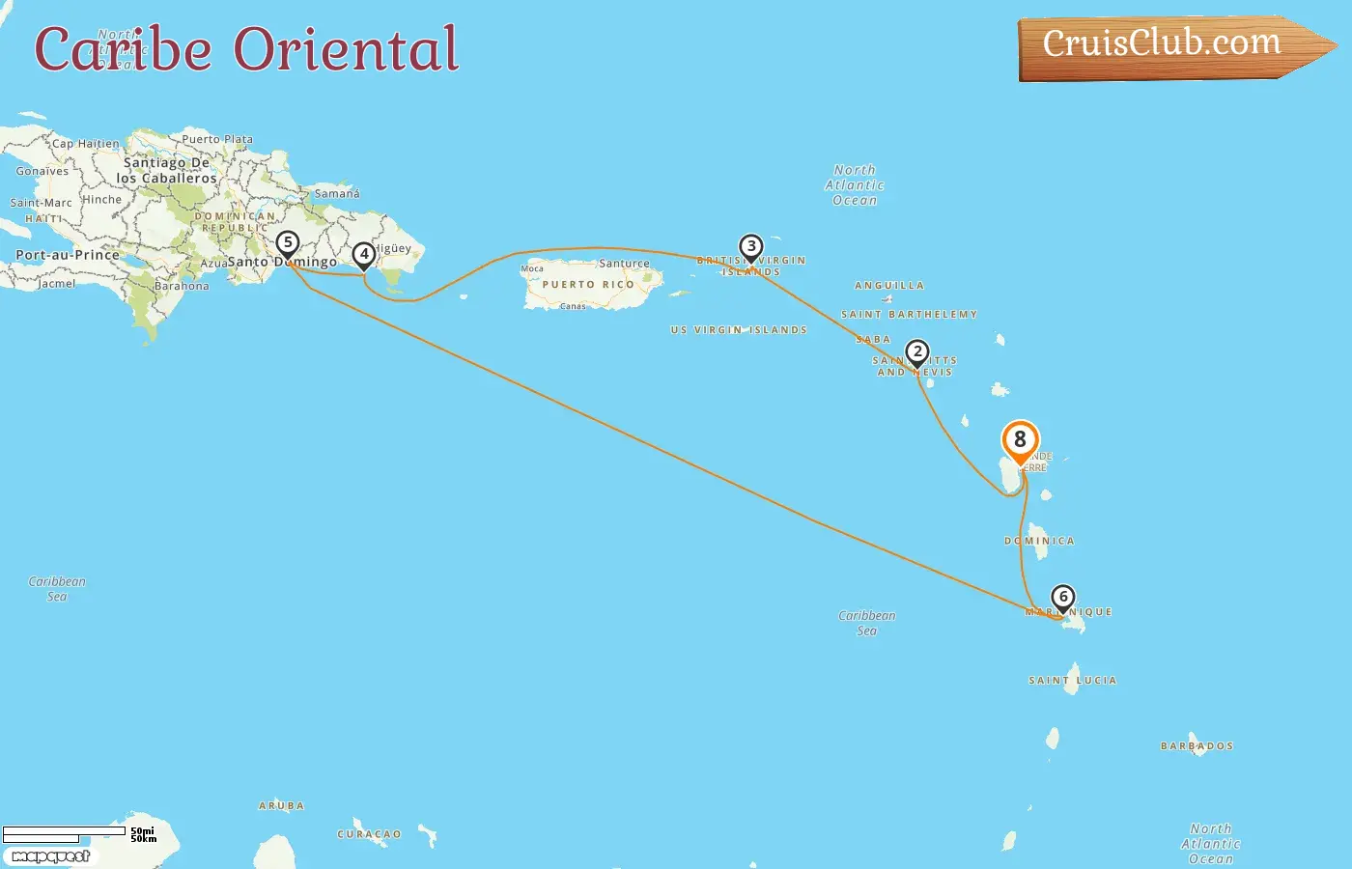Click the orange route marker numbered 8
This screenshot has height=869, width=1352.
pyautogui.click(x=1020, y=440)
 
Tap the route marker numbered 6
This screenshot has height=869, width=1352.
pyautogui.click(x=1063, y=598)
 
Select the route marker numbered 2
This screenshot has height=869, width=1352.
pyautogui.click(x=917, y=352)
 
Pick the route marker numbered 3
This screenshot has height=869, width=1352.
pyautogui.click(x=751, y=247)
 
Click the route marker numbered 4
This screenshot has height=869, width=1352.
pyautogui.click(x=364, y=255)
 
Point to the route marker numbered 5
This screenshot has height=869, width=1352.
pyautogui.click(x=288, y=243)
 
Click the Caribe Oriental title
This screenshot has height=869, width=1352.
pyautogui.click(x=246, y=49)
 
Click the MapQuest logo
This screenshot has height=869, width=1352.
pyautogui.click(x=51, y=856)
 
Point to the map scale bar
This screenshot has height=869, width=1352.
pyautogui.click(x=64, y=832)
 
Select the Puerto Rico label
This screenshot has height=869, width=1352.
pyautogui.click(x=588, y=285)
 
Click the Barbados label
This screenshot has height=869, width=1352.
pyautogui.click(x=1197, y=746)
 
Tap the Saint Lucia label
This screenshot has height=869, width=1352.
pyautogui.click(x=1072, y=681)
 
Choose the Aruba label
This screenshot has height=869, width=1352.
pyautogui.click(x=281, y=806)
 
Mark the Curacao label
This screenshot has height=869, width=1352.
pyautogui.click(x=369, y=834)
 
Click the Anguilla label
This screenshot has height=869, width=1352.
pyautogui.click(x=889, y=286)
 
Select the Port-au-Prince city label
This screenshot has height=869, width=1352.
pyautogui.click(x=68, y=256)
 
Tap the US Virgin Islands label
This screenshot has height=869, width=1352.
pyautogui.click(x=739, y=330)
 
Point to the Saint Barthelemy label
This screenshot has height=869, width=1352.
pyautogui.click(x=909, y=315)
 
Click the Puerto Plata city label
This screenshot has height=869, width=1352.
pyautogui.click(x=217, y=139)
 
